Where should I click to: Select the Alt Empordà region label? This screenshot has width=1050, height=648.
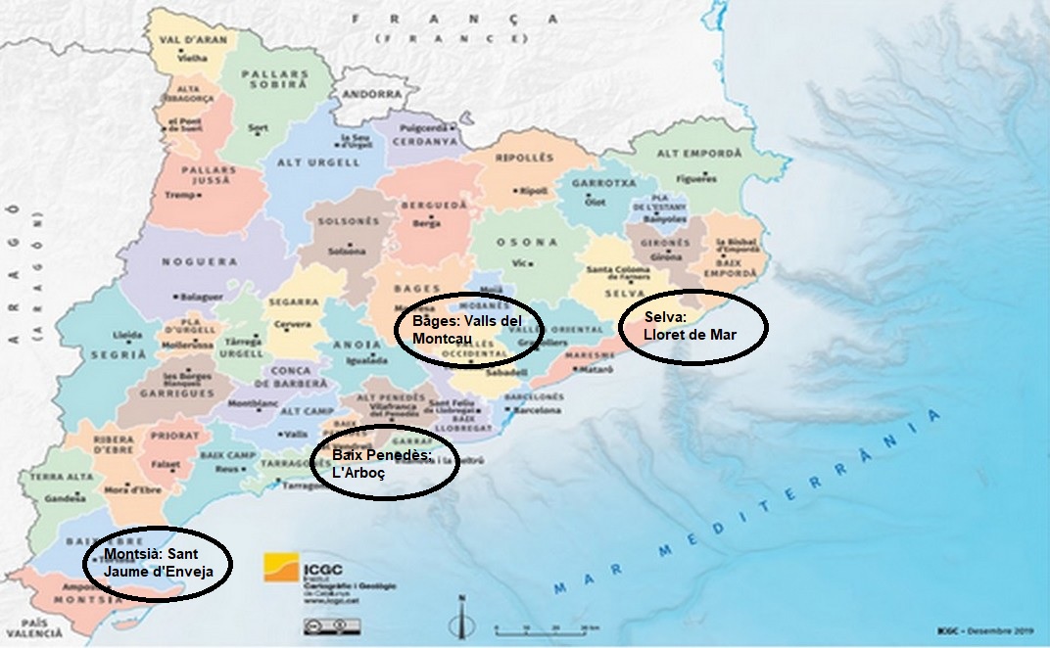698,154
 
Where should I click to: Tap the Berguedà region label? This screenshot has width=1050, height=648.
427,207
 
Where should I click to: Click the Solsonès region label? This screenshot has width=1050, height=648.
348,221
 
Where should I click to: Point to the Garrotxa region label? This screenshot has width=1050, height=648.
595,183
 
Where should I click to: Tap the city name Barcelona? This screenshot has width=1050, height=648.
538,410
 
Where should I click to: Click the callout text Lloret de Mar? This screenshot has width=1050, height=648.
690,335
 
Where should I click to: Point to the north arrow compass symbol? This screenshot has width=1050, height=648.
463,618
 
